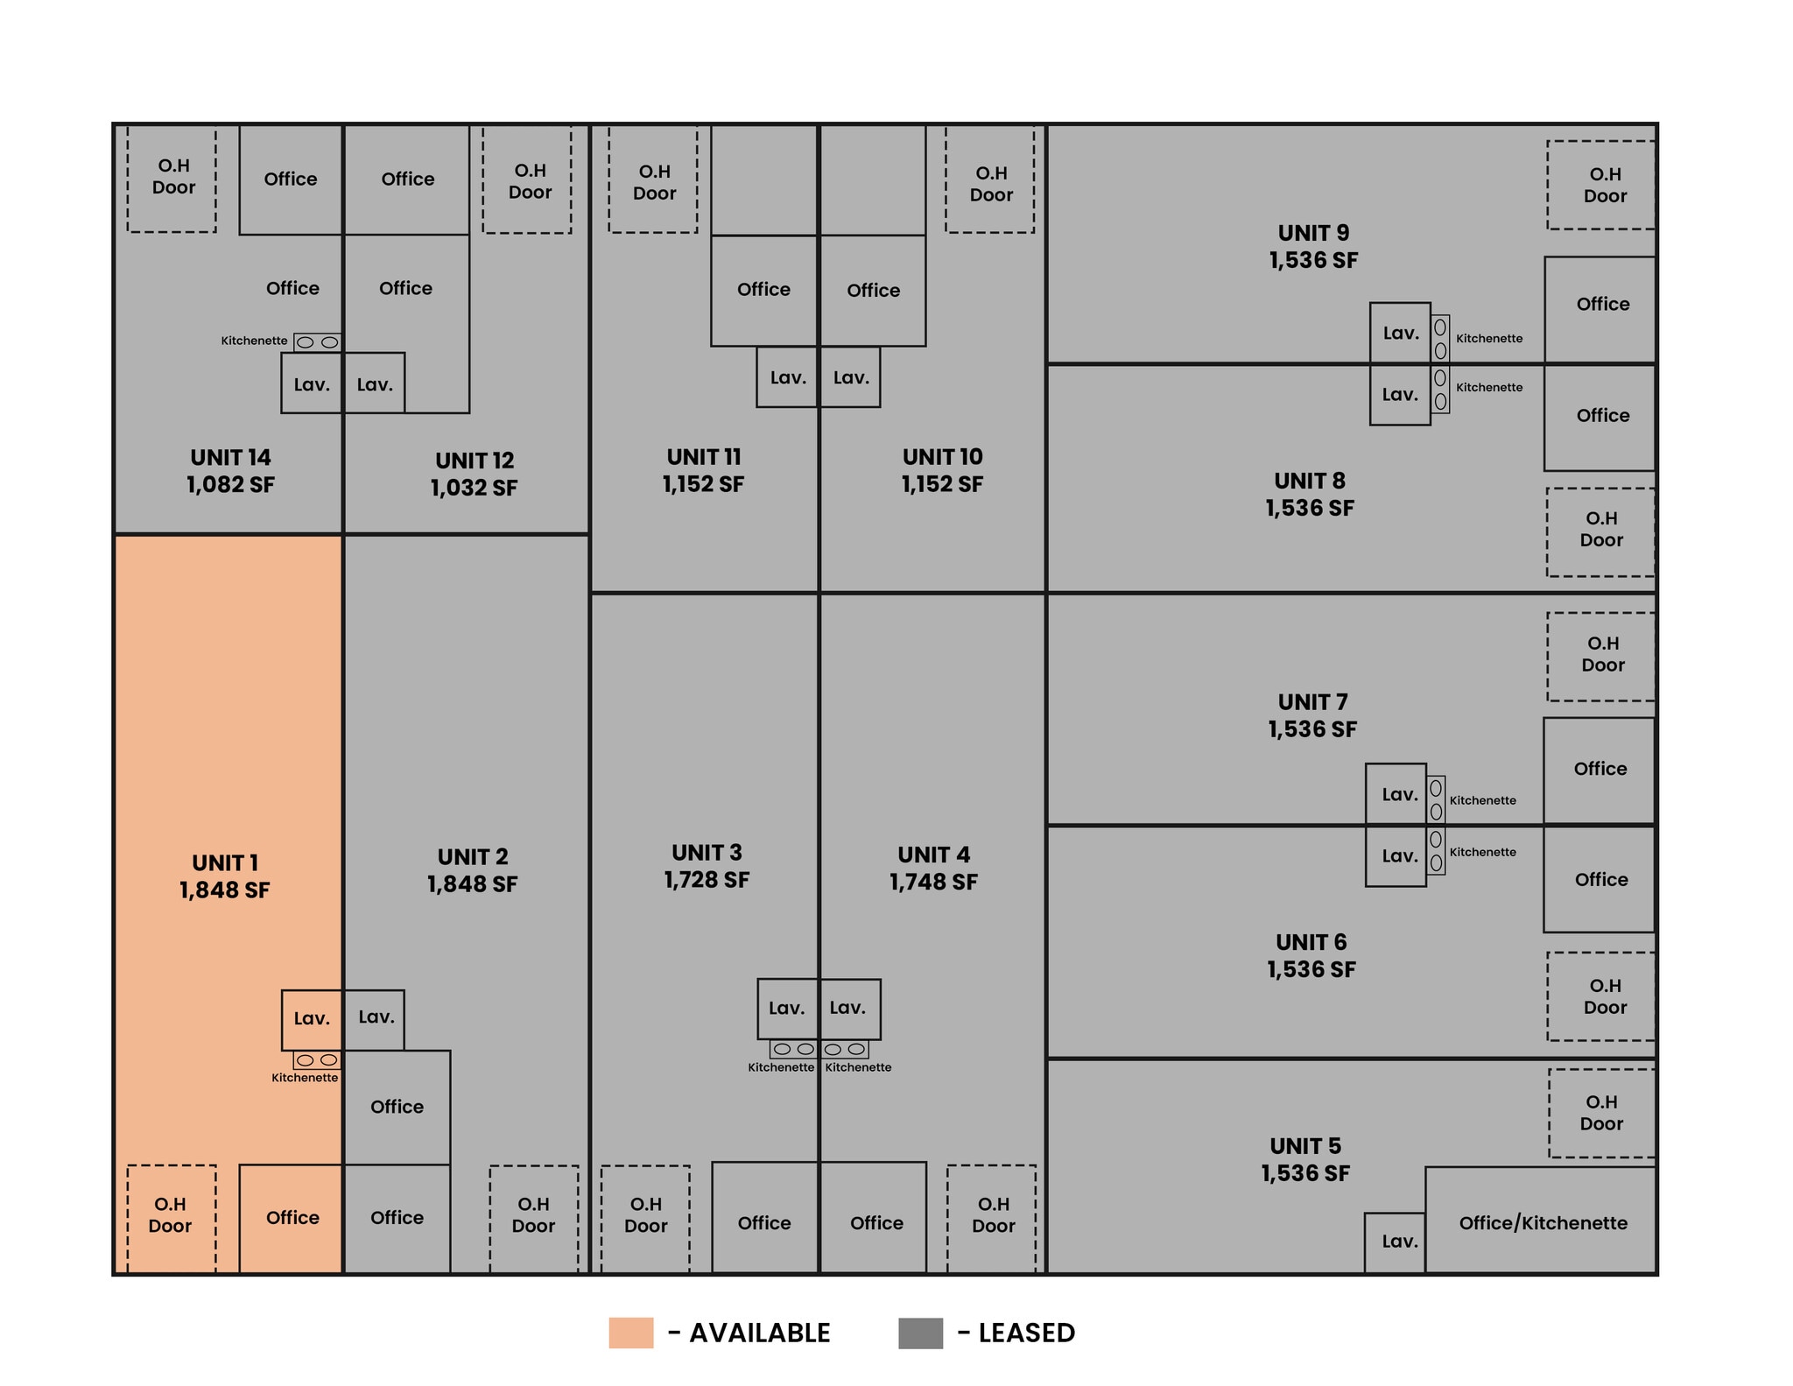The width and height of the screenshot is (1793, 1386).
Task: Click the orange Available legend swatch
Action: tap(630, 1333)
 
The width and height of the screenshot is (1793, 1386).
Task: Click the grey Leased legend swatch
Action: tap(920, 1333)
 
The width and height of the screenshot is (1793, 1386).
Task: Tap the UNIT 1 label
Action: tap(225, 862)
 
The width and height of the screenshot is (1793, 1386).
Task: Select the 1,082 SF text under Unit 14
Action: tap(230, 485)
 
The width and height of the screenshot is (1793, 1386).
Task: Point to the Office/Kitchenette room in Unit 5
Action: tap(1542, 1222)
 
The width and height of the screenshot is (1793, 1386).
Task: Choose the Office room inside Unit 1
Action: tap(292, 1217)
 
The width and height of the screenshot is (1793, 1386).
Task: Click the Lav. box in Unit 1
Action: tap(312, 1019)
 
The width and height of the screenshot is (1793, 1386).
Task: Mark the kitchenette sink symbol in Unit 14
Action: tap(317, 342)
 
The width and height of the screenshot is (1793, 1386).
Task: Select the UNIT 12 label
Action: tap(475, 461)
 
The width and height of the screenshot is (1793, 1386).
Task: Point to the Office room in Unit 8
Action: tap(1602, 416)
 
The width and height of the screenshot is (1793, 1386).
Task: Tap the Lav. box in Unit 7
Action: tap(1399, 795)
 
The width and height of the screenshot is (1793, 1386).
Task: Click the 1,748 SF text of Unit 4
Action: tap(933, 883)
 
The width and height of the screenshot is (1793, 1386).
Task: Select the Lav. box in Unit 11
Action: tap(787, 378)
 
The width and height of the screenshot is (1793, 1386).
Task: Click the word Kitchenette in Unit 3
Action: tap(780, 1067)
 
